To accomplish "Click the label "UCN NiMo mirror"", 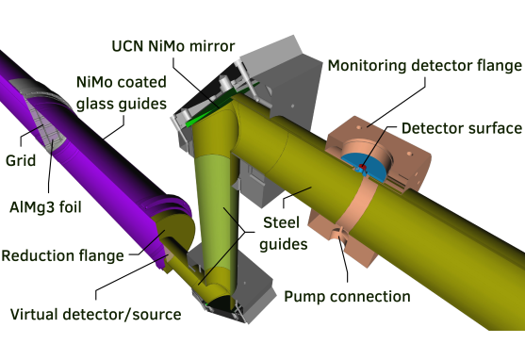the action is [173, 46].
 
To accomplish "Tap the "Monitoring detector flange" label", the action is [424, 65].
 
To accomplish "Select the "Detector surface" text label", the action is [462, 128].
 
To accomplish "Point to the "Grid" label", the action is [21, 160].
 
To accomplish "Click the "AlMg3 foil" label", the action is [45, 207].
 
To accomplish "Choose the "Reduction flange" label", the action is [62, 255].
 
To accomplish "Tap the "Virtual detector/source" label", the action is [96, 315].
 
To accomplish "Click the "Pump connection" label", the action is [347, 297].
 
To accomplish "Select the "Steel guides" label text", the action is [283, 234].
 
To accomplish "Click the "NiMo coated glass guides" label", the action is [122, 92].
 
